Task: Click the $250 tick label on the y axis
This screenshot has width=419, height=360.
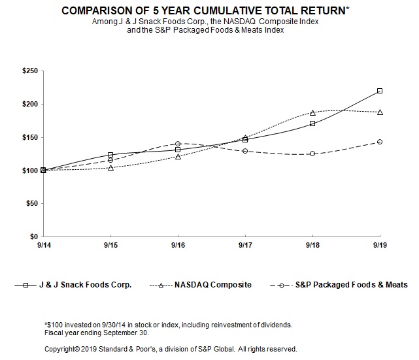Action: [x=29, y=71]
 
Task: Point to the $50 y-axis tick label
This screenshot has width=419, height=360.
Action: [x=31, y=203]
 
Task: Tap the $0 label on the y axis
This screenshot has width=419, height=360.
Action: [x=33, y=237]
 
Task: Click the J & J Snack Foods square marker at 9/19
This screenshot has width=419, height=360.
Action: [x=380, y=91]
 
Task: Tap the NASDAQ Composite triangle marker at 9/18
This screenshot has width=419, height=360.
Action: [x=312, y=112]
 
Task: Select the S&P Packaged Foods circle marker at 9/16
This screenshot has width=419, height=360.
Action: [x=178, y=144]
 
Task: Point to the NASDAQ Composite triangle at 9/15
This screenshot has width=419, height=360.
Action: [x=110, y=167]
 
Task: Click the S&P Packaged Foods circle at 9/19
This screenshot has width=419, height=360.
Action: [x=380, y=142]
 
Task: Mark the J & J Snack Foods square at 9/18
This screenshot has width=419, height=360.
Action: [x=312, y=123]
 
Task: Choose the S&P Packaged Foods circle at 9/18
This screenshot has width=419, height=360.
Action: [x=312, y=154]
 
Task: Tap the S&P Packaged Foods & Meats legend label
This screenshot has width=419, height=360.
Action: [x=351, y=285]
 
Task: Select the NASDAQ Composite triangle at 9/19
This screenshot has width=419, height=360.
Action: [x=380, y=112]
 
